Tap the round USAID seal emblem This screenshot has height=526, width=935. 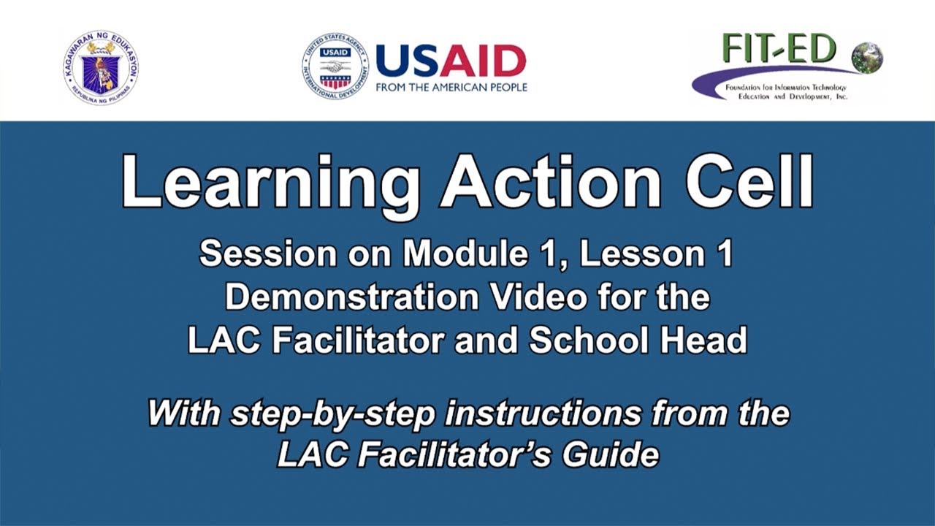coord(335,66)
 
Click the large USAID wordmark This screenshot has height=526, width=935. coord(451,61)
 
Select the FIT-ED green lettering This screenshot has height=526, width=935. coord(779,49)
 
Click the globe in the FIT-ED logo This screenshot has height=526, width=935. coord(867,57)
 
